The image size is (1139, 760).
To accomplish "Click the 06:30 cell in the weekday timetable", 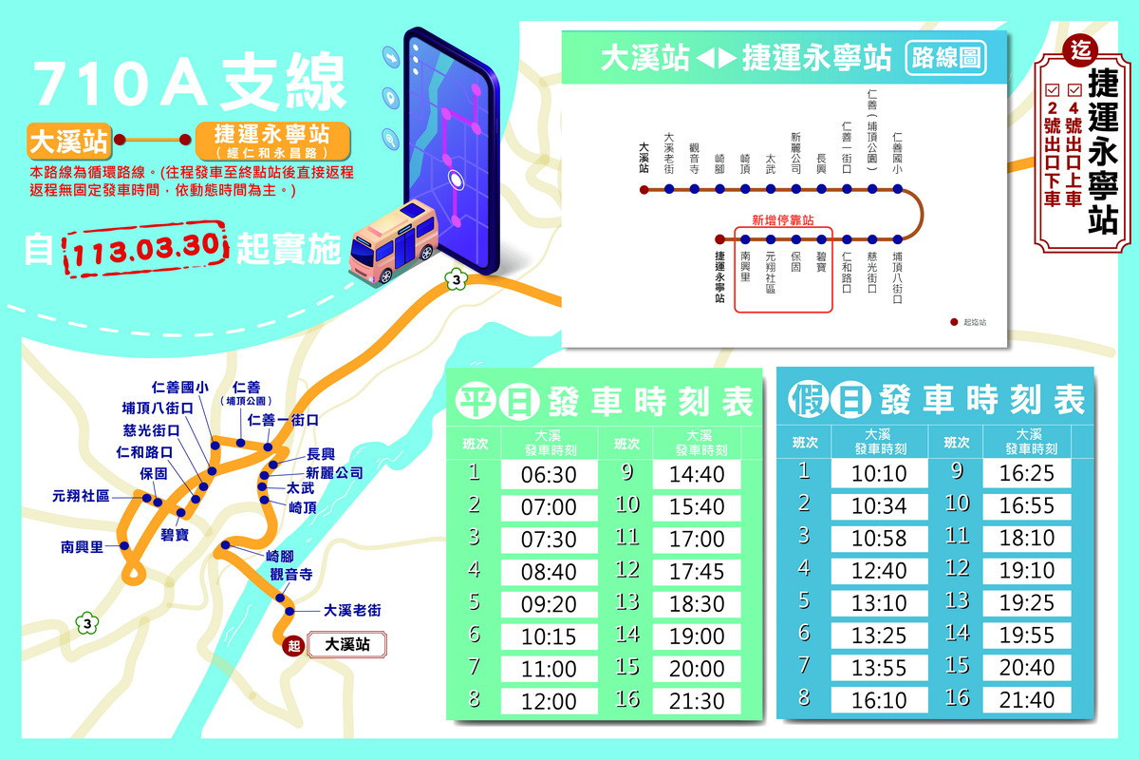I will click(549, 474).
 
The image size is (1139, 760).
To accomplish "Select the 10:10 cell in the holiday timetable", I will click(879, 473).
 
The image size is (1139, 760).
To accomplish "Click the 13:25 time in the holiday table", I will click(879, 635).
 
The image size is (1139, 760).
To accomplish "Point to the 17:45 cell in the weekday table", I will click(697, 572).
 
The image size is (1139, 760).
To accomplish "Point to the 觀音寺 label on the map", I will click(290, 575).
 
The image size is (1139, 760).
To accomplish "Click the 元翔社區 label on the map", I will click(81, 496).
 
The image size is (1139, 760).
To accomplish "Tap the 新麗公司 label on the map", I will click(334, 472).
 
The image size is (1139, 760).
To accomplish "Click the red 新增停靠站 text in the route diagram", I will click(782, 219).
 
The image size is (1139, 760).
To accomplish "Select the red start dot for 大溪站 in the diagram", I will click(644, 189).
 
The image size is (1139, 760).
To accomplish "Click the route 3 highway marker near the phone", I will click(457, 280).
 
